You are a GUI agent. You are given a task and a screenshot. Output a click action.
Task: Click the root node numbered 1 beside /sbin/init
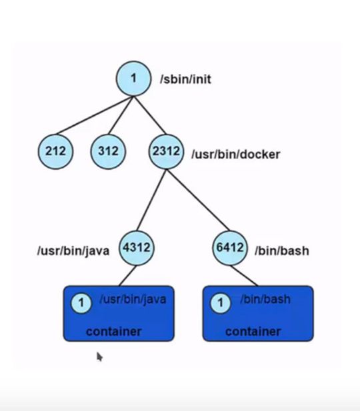[x=133, y=79]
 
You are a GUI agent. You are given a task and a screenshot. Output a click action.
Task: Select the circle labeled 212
[x=55, y=151]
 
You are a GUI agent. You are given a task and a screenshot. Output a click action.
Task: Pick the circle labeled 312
[x=108, y=151]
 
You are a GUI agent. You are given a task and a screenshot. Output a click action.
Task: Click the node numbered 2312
[x=166, y=151]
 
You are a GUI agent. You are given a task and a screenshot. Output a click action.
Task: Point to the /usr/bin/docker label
[x=235, y=155]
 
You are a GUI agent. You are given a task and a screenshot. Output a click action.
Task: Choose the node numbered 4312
[x=137, y=248]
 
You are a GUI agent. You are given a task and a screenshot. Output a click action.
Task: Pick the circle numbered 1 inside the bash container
[x=220, y=304]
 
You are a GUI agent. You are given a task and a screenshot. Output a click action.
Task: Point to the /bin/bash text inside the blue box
[x=265, y=300]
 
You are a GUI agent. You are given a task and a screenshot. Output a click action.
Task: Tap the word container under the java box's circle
[x=113, y=331]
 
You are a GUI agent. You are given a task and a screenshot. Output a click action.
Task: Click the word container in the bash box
[x=253, y=331]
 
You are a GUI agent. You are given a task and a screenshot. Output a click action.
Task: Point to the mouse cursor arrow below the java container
[x=99, y=356]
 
